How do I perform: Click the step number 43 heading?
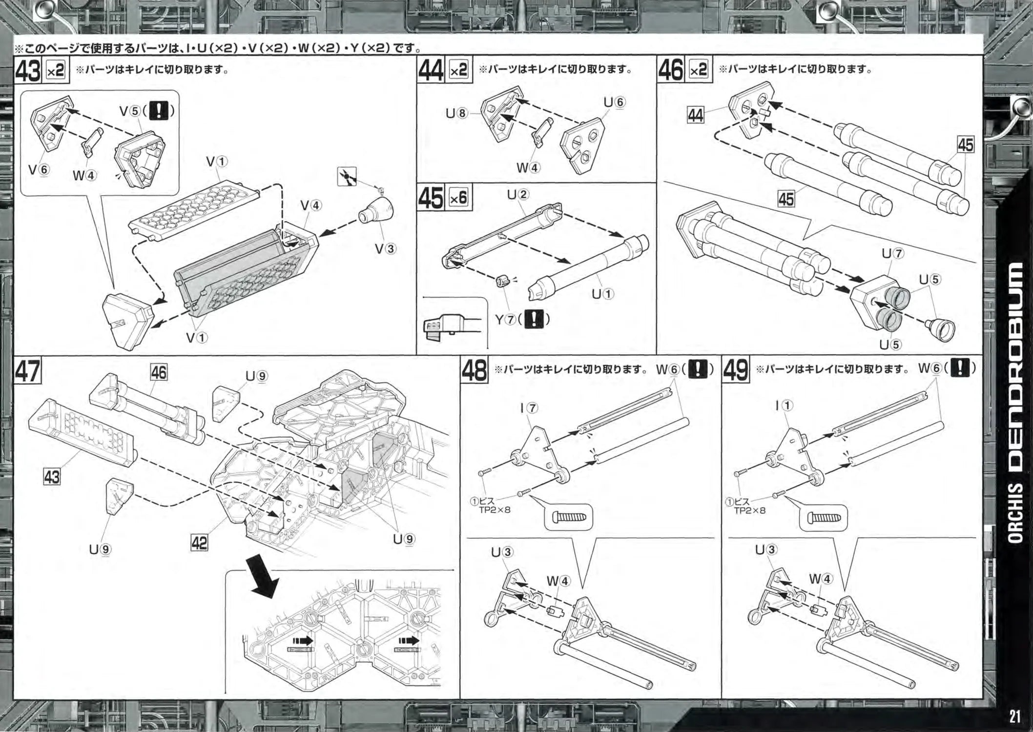click(x=28, y=71)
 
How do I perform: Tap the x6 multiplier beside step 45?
click(x=458, y=198)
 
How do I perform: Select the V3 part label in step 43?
click(x=385, y=249)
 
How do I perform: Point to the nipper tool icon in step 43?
click(x=347, y=176)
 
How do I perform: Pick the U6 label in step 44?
click(x=614, y=102)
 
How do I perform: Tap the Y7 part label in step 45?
click(x=506, y=320)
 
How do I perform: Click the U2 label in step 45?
click(x=517, y=195)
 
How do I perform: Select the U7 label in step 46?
click(x=893, y=254)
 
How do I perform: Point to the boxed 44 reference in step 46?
click(x=696, y=115)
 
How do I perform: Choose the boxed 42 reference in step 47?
click(x=199, y=542)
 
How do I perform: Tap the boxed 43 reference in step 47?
click(x=52, y=476)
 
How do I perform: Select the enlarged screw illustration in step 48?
click(x=568, y=517)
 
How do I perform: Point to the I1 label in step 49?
click(x=784, y=406)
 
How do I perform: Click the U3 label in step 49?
click(x=765, y=550)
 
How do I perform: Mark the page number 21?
click(x=1015, y=716)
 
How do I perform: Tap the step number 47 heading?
click(x=28, y=372)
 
